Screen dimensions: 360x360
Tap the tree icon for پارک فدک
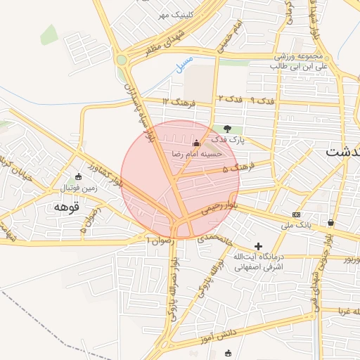tap(227, 129)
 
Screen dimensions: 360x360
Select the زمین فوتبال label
tap(77, 188)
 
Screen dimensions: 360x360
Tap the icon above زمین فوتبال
tap(78, 176)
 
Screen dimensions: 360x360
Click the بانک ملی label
tap(296, 226)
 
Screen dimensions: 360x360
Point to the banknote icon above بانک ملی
tap(296, 214)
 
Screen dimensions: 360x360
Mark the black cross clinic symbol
tap(259, 247)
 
